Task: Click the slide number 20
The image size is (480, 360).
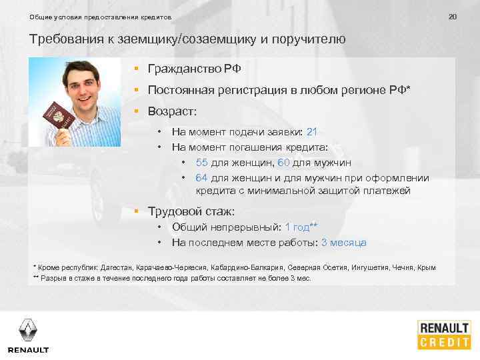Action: [x=453, y=15]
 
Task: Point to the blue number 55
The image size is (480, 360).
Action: [x=203, y=163]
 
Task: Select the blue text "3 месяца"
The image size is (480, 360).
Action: [x=343, y=243]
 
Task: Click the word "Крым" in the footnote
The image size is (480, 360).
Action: [x=427, y=267]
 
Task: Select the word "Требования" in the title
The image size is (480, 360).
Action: [x=64, y=39]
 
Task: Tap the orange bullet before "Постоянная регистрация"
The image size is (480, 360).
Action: [x=135, y=89]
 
